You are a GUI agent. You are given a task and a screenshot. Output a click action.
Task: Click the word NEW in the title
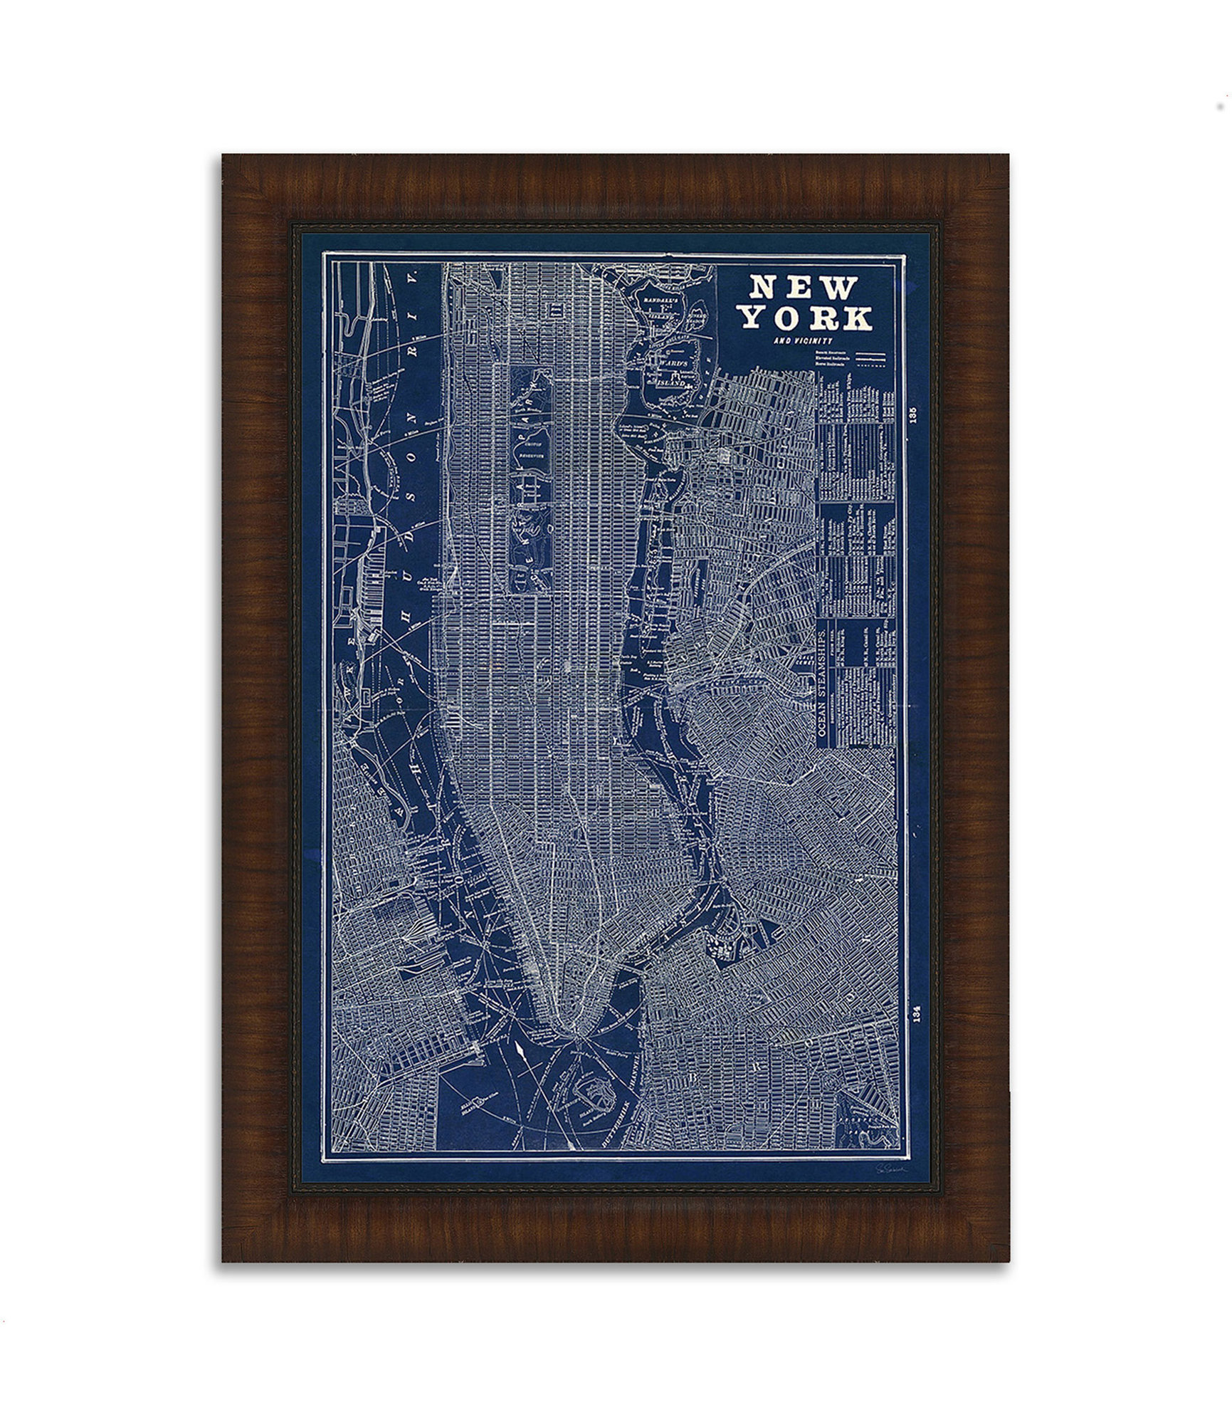(x=801, y=288)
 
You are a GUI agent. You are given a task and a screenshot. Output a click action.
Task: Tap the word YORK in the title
(x=809, y=318)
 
